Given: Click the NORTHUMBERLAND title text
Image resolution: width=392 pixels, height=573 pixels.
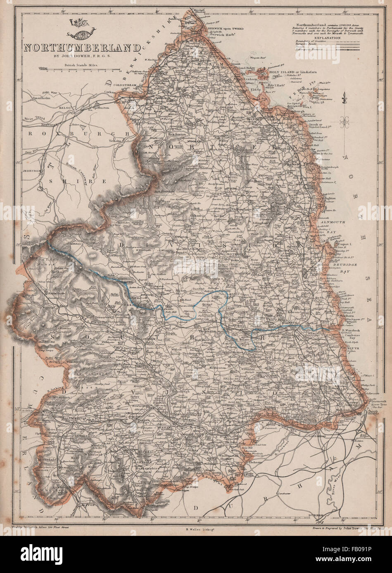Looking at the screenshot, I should point(82,47).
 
